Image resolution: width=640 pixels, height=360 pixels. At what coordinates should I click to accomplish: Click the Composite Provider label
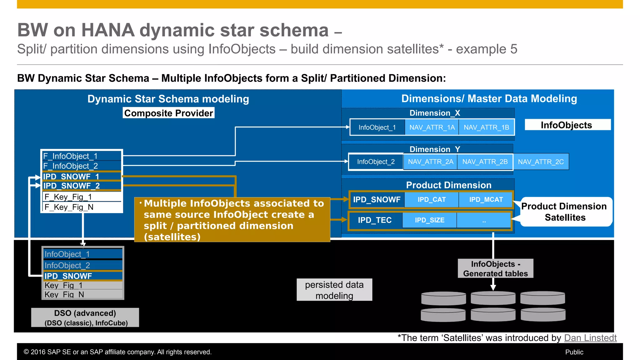168,113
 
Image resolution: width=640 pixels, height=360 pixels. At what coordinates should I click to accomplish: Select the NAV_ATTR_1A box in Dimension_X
432,127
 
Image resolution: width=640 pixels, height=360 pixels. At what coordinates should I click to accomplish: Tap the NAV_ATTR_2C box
541,162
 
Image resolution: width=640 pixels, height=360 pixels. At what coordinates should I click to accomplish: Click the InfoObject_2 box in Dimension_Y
376,162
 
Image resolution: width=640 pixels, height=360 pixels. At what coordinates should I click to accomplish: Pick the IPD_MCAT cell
486,199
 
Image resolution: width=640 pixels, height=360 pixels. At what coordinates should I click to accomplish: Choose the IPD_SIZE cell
429,220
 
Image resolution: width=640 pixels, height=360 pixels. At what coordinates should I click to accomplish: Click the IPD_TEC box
374,220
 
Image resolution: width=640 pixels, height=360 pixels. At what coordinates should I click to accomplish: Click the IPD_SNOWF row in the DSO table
83,276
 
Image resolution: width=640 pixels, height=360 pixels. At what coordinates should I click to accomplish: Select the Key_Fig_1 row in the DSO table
83,285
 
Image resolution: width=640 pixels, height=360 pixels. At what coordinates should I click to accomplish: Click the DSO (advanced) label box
85,317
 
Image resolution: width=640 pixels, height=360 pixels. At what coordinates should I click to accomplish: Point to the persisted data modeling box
334,290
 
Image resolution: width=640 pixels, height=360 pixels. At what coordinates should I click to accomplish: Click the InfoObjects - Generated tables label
495,268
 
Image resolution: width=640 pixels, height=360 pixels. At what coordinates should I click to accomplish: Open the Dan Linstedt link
590,338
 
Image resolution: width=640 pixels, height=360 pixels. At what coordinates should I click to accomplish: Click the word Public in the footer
574,352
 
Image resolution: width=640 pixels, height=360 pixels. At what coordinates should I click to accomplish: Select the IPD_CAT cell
431,199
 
